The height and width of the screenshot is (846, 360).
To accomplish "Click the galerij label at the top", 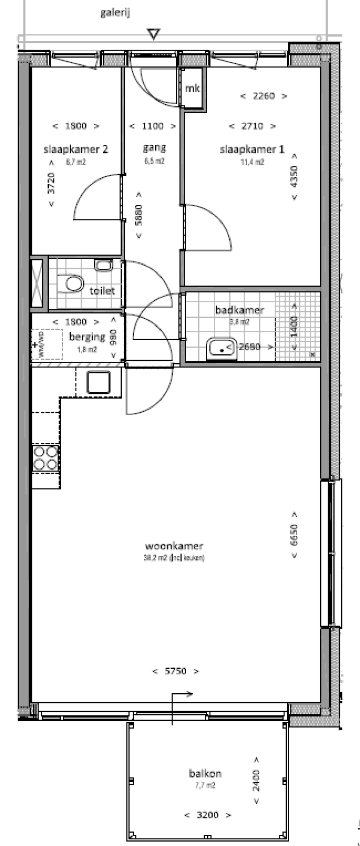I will (115, 13).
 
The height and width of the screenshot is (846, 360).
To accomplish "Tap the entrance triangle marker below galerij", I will (154, 34).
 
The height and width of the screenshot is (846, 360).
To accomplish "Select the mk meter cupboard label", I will (193, 88).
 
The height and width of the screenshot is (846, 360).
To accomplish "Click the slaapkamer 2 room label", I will (75, 150).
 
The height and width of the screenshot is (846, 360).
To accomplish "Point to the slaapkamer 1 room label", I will (252, 150).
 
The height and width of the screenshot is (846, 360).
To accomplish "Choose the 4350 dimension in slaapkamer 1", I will (294, 176).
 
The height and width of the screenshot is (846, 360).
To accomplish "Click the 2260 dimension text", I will (263, 96).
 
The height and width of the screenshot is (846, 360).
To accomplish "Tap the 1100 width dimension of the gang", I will (153, 126).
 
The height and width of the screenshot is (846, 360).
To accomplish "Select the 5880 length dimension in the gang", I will (139, 215).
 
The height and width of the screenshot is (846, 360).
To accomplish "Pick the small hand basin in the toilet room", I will (103, 265).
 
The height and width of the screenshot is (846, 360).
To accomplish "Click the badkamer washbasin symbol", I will (222, 348).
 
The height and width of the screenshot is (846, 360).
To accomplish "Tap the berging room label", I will (87, 337).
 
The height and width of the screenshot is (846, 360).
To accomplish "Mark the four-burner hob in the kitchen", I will (45, 458).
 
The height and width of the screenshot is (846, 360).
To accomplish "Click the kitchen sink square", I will (98, 382).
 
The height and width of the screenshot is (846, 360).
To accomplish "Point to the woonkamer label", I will (174, 546).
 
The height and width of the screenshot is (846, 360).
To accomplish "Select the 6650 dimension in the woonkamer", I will (294, 535).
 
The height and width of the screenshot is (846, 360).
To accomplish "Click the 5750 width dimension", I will (176, 671).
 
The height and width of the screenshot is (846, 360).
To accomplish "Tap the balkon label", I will (205, 774).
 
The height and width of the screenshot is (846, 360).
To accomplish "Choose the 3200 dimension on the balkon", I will (208, 815).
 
